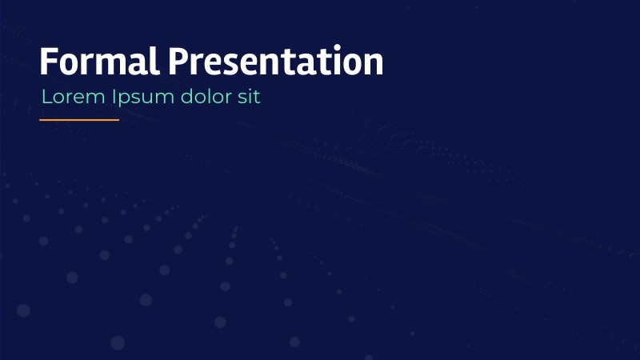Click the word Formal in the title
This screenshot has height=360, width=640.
[100, 62]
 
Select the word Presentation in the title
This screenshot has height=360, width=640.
[276, 62]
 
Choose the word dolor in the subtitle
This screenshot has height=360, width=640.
[206, 98]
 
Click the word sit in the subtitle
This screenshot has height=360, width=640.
[249, 98]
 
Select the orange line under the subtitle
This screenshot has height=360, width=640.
[79, 120]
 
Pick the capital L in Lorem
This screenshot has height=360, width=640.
[46, 98]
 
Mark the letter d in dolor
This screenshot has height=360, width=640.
[186, 98]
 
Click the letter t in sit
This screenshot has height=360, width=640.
[257, 98]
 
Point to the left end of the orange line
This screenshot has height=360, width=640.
[41, 120]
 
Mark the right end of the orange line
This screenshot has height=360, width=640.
[118, 120]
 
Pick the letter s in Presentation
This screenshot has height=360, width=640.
[232, 64]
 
